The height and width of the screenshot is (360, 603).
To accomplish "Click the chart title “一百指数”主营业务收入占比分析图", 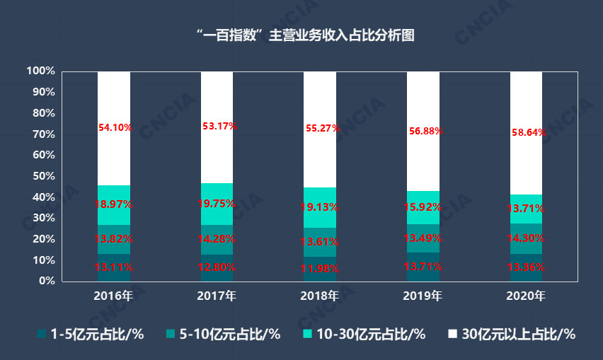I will coord(302,36).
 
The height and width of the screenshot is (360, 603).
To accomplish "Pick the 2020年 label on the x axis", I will coord(527,296).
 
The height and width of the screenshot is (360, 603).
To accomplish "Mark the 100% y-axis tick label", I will coord(40,71).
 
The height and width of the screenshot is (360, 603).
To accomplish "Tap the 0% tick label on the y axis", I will coord(47,281).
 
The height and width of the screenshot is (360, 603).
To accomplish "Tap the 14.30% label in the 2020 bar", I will coord(527,238).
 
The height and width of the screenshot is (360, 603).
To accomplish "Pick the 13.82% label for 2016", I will coord(114,239).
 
